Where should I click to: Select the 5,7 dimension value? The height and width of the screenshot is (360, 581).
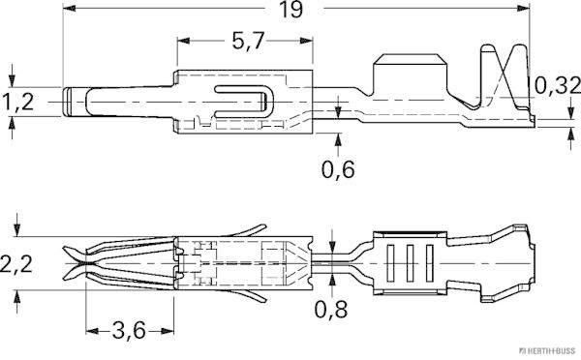(x=247, y=44)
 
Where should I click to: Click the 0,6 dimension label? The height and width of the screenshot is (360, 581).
(x=337, y=171)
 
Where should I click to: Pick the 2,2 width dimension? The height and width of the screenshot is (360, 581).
(x=17, y=262)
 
